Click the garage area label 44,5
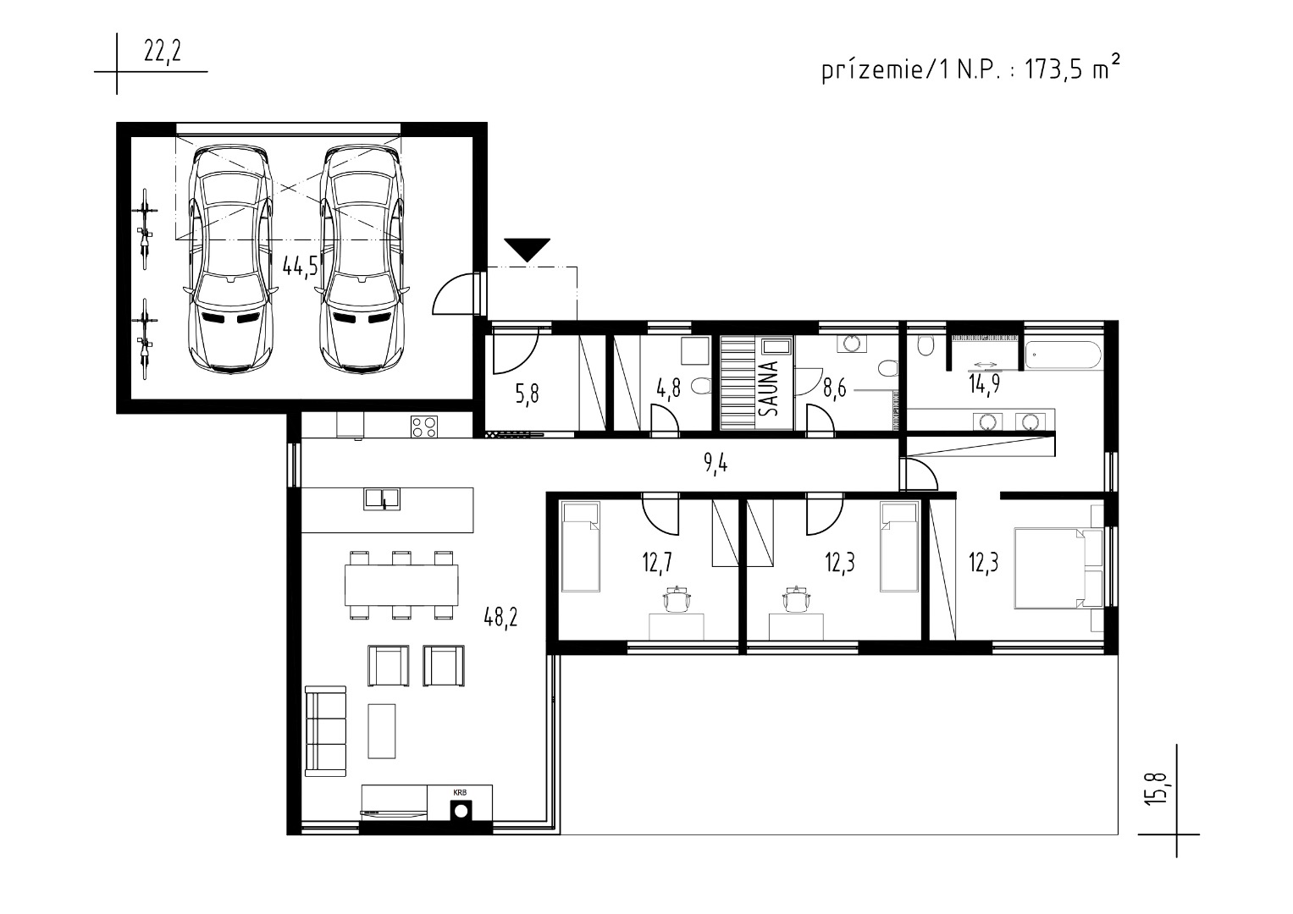pos(300,266)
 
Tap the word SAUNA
pos(769,388)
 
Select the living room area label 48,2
pos(500,618)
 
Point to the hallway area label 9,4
pos(716,463)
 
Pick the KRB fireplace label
pos(460,793)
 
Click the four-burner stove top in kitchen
pos(423,427)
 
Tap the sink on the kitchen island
pos(382,499)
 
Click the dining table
pos(401,585)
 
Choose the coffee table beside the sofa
pos(382,731)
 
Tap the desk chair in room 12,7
pos(677,599)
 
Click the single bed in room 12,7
pos(581,547)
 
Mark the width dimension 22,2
pos(163,52)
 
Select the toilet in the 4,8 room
pos(702,385)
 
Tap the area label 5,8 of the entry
pos(527,394)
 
